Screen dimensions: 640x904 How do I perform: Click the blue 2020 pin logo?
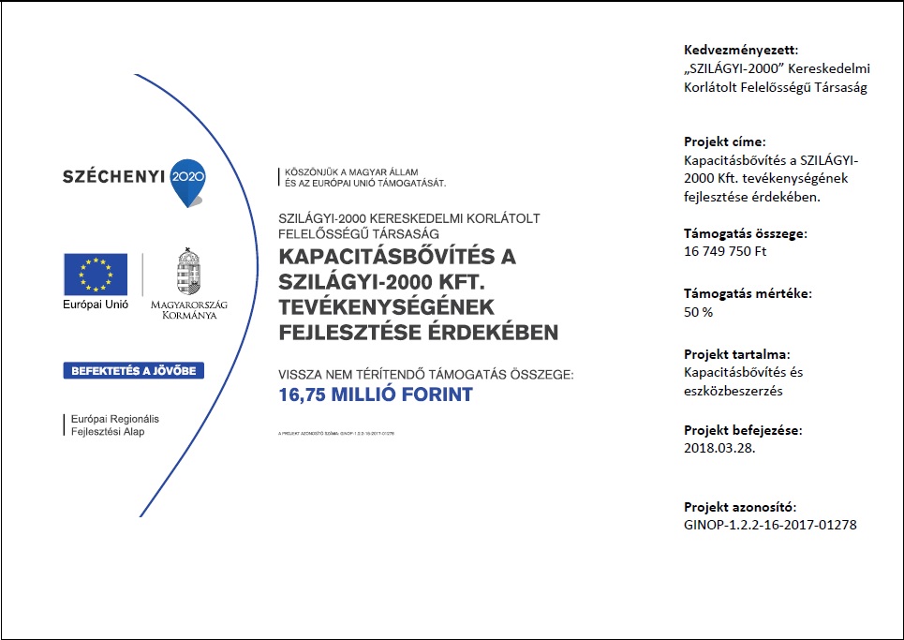click(x=187, y=180)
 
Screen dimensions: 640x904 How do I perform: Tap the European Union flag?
click(x=95, y=274)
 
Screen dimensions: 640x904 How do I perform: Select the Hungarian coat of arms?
click(x=188, y=273)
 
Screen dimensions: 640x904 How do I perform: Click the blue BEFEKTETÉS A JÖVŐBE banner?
click(x=133, y=370)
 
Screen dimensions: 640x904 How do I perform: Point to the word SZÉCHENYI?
click(x=112, y=175)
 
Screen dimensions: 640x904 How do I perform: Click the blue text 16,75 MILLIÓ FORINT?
click(x=376, y=395)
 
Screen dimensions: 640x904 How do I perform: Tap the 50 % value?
click(x=699, y=312)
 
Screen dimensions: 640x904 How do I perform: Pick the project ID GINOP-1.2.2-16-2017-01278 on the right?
click(x=770, y=525)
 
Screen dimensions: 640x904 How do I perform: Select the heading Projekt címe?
click(x=725, y=142)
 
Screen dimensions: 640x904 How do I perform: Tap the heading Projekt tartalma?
click(x=737, y=355)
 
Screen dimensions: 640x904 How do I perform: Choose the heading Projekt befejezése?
click(x=744, y=430)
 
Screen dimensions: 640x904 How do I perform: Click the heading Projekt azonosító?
click(x=740, y=507)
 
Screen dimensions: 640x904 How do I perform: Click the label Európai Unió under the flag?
click(x=95, y=305)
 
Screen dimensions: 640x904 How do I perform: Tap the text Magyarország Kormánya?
click(x=188, y=310)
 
